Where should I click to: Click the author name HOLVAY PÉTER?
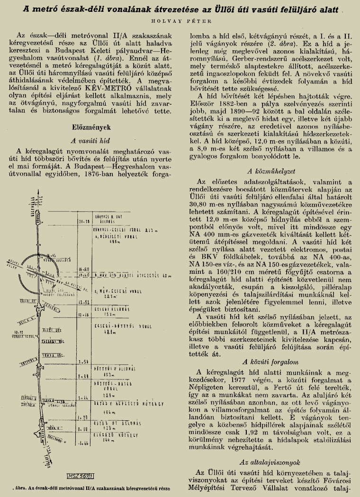point(180,21)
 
